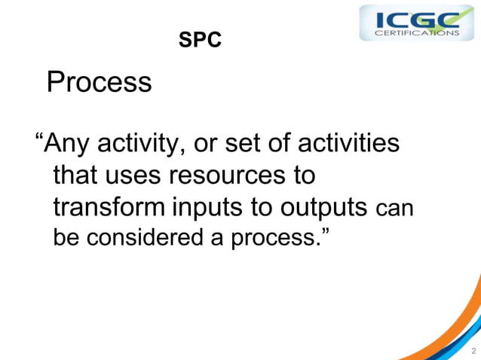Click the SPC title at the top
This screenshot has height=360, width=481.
(200, 41)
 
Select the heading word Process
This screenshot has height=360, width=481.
(99, 82)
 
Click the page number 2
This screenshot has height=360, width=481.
(473, 350)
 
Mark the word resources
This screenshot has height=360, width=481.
(227, 175)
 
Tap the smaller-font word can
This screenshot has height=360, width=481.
(394, 209)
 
